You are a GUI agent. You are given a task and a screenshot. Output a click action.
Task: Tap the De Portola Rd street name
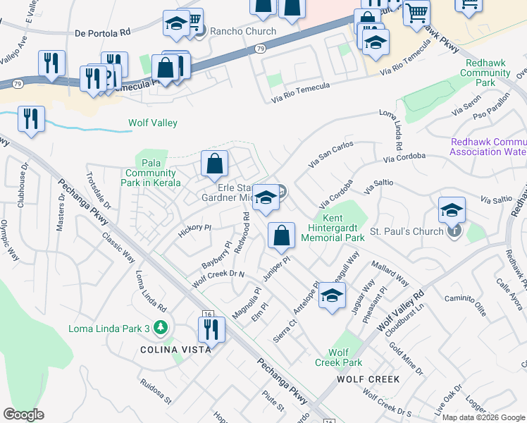click(102, 33)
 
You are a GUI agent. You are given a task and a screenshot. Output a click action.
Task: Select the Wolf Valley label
click(153, 123)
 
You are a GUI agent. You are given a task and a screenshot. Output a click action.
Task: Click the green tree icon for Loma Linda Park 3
click(161, 328)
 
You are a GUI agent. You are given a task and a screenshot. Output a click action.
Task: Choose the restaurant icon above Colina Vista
click(211, 329)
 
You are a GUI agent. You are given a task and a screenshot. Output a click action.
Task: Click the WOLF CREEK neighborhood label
click(368, 379)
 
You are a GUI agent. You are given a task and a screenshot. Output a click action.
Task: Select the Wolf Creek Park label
click(345, 357)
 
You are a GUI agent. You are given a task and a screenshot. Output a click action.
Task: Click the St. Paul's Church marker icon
click(455, 231)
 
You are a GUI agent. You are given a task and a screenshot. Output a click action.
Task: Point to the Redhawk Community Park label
click(486, 73)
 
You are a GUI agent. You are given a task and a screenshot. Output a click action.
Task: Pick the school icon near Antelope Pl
click(332, 296)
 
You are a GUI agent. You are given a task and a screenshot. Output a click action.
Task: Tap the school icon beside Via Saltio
click(452, 210)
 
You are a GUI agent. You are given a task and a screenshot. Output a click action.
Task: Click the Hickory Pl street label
click(194, 228)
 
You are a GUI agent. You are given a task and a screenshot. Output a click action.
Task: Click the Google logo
click(23, 415)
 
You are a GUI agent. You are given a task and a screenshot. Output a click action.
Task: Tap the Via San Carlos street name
click(331, 155)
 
